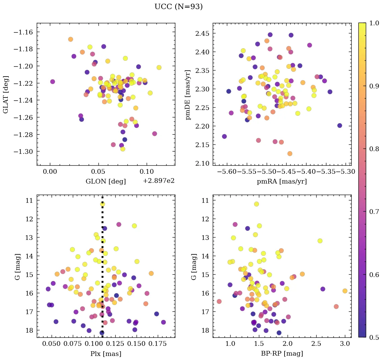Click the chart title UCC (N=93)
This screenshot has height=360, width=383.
coord(178,7)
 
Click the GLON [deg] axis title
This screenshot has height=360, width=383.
coord(106,182)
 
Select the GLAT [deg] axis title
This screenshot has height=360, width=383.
coord(6,94)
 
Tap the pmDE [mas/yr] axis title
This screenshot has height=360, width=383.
coord(188,94)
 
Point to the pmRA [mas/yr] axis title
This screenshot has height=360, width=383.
coord(282,182)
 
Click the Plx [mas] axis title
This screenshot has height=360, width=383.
coord(106,354)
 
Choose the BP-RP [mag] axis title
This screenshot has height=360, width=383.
coord(282,354)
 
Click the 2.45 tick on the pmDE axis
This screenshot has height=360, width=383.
coord(201,33)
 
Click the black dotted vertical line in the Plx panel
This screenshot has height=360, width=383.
coord(102,270)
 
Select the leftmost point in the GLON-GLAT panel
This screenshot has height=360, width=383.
coord(53,82)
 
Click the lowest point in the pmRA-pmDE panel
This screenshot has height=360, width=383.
coord(290,154)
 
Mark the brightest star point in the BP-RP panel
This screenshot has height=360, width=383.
coord(257,204)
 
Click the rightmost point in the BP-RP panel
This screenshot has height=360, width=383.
coord(345,291)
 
